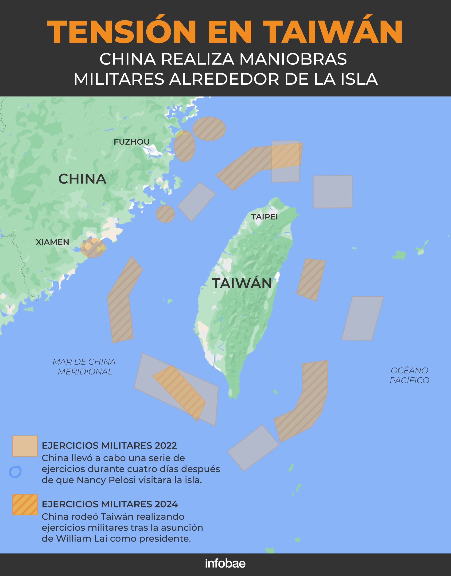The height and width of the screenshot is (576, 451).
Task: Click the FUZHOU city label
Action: click(x=132, y=142)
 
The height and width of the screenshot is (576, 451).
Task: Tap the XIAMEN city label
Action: click(x=52, y=242)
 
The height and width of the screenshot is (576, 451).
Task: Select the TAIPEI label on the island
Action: click(x=264, y=217)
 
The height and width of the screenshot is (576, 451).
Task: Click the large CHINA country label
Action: click(x=82, y=179)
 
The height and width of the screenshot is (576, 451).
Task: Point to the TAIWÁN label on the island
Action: click(x=242, y=283)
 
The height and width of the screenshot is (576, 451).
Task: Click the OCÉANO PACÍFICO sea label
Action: click(x=409, y=375)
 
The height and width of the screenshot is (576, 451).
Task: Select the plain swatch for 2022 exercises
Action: click(x=25, y=446)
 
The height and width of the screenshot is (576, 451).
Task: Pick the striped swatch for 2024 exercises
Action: click(x=25, y=504)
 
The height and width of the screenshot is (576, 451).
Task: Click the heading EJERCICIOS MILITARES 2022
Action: click(x=109, y=446)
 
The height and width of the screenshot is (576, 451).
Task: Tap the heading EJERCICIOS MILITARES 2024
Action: click(x=110, y=504)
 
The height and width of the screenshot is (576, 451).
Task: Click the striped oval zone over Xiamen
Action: click(x=93, y=248)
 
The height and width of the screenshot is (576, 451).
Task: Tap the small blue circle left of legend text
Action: click(x=15, y=472)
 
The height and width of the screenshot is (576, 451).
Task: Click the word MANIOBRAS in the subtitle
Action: click(x=293, y=59)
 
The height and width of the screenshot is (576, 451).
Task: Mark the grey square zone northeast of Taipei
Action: click(x=333, y=192)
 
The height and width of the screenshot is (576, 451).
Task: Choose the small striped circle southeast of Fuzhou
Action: click(x=165, y=214)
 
